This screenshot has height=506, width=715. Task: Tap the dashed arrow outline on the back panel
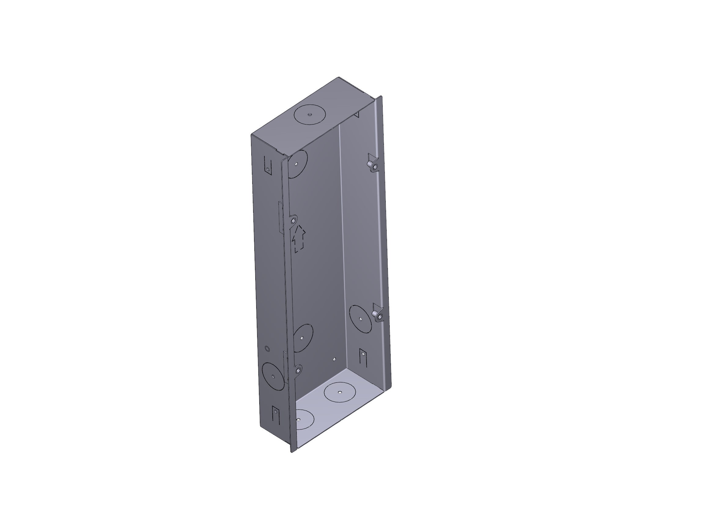(x=299, y=238)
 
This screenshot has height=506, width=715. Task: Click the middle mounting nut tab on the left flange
(x=293, y=221)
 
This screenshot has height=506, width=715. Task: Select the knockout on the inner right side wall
(x=360, y=319)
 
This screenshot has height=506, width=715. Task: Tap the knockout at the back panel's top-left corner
(x=297, y=164)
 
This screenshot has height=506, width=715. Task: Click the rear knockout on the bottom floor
(x=340, y=392)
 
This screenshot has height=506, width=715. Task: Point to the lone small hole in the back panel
(x=334, y=359)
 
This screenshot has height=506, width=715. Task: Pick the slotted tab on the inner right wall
(x=363, y=357)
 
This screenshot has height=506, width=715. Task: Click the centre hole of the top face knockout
(x=310, y=114)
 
